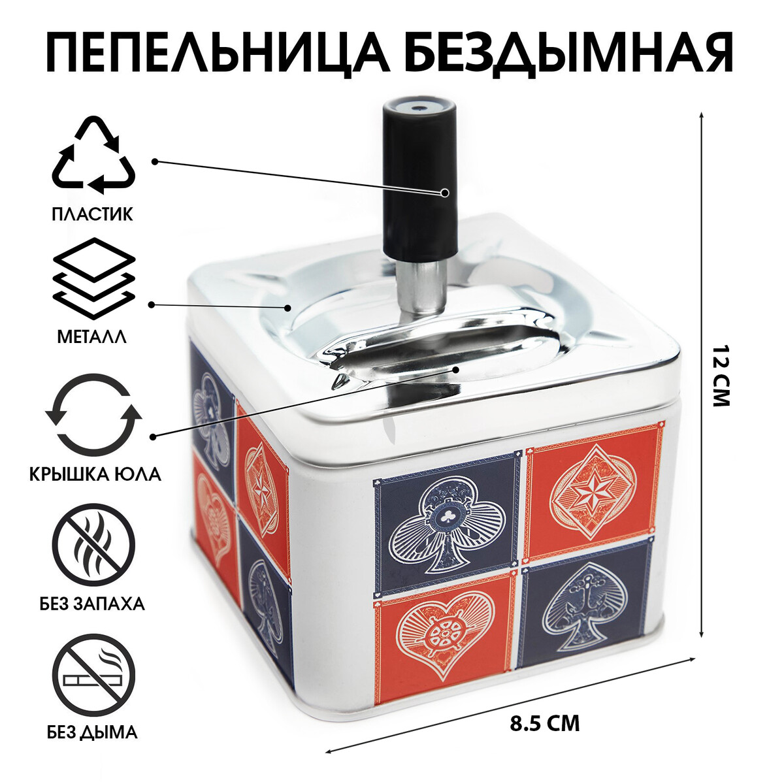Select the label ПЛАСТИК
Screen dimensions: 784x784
[92, 214]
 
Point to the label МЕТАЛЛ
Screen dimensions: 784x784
[92, 337]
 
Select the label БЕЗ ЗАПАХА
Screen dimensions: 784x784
[97, 603]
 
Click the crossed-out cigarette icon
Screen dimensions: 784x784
[93, 676]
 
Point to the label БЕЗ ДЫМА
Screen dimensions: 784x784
[92, 732]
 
